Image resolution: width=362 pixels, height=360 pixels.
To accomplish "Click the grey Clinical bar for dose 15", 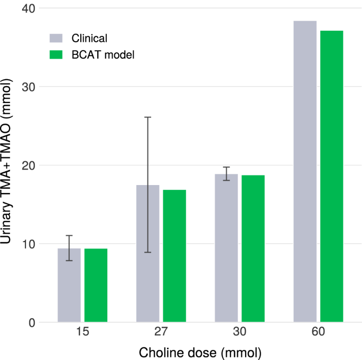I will pos(69,285).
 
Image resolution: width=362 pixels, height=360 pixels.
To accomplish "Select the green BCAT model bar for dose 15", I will pos(96,285).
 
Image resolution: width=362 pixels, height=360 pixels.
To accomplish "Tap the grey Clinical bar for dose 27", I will pos(148,254).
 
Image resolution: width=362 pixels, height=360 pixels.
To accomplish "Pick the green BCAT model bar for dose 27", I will pos(174,256).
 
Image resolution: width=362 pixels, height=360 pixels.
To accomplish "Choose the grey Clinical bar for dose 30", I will pos(226,248).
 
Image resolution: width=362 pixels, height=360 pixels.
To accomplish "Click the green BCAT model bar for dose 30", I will pos(253,248).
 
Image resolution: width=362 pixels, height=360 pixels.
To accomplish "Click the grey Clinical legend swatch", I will pos(56,38).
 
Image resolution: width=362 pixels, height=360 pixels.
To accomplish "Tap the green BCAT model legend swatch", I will pos(56,54).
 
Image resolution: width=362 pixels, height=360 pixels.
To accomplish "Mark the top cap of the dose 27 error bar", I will pos(148,117).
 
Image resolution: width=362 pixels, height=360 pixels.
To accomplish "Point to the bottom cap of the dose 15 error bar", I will pos(69,261).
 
